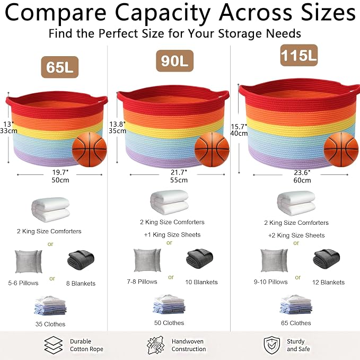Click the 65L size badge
coord(60,67)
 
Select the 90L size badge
coord(175,61)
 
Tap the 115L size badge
coord(299,55)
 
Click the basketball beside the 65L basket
coord(90,150)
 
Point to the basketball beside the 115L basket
coord(341,150)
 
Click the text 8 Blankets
coord(81,284)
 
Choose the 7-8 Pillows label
coord(142,282)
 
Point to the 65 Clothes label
coord(296,323)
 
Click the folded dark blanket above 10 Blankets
coord(199,259)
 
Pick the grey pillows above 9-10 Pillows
coord(274,260)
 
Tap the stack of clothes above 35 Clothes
coord(50,305)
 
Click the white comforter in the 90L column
coord(170,203)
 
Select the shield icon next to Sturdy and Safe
coord(272,345)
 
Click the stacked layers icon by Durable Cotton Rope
coord(53,345)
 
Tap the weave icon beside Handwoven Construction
coord(156,345)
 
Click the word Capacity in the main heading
coord(163,13)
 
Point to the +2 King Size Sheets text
coord(296,235)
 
